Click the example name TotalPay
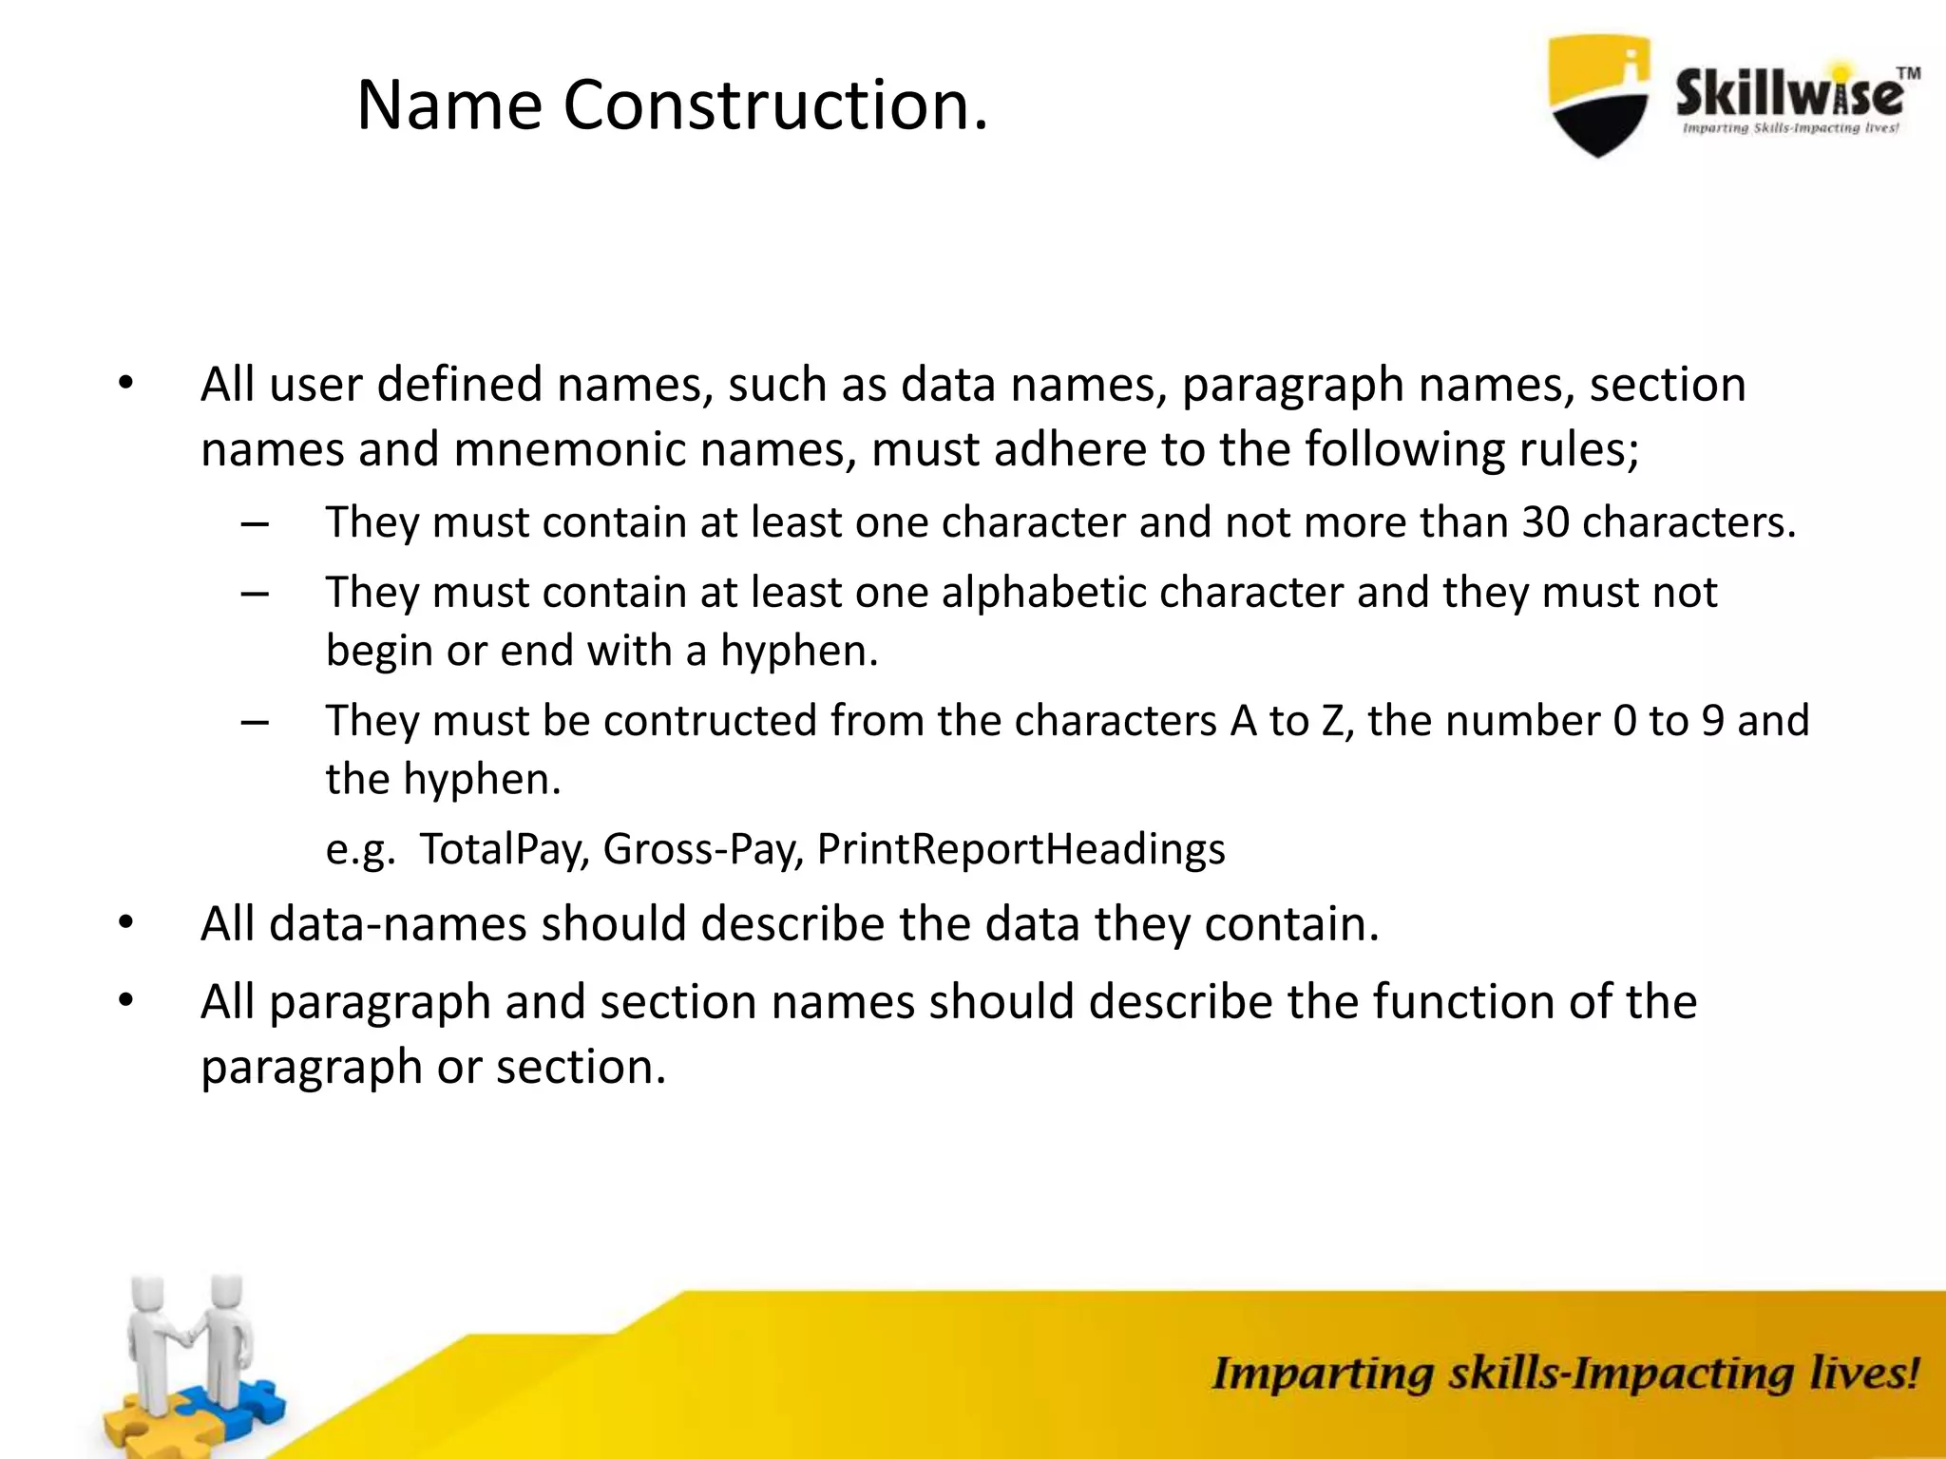502,848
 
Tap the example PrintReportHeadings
1021,848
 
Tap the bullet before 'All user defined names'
125,385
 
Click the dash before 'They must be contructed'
255,722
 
